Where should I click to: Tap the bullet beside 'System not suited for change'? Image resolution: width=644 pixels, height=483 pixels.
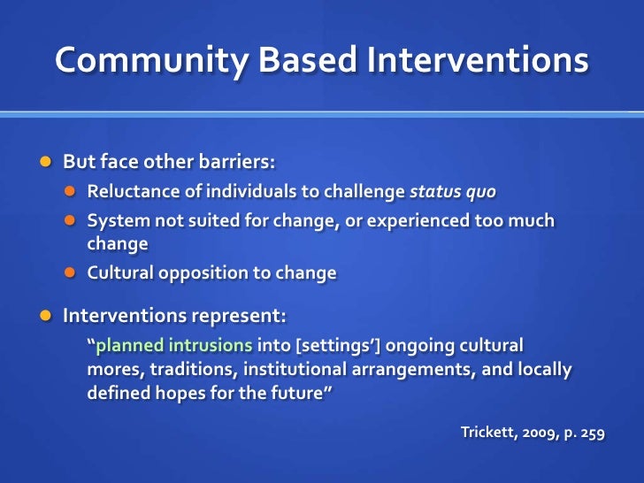click(x=73, y=220)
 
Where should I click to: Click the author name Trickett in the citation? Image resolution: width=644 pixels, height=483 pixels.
click(x=489, y=433)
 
